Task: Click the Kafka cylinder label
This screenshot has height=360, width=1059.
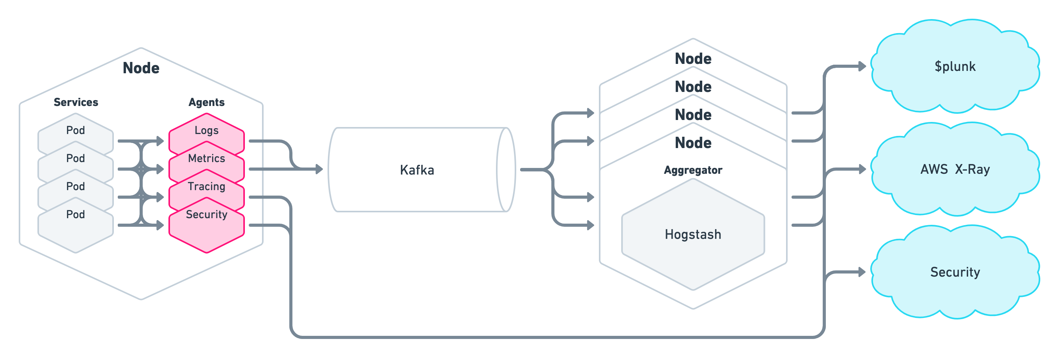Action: click(417, 170)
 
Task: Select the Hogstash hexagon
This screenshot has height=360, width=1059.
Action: click(693, 235)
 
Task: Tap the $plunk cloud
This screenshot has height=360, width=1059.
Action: click(955, 67)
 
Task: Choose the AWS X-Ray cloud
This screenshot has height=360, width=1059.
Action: click(955, 169)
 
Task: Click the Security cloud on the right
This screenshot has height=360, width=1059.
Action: click(955, 272)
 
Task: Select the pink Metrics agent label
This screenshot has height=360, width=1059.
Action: click(206, 158)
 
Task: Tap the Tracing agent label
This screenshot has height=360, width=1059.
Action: click(206, 186)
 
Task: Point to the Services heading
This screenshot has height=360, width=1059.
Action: click(76, 102)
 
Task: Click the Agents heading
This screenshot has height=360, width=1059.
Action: click(206, 102)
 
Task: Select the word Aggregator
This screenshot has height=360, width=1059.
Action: click(693, 170)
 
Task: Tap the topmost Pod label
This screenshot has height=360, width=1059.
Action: click(76, 130)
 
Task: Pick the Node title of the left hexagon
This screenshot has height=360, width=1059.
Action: click(141, 68)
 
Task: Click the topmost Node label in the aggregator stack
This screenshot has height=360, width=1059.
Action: click(693, 59)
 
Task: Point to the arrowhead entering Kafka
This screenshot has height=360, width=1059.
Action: click(319, 169)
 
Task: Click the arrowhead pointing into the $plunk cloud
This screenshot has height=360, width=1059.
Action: click(862, 66)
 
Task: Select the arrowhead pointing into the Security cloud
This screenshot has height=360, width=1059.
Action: click(862, 272)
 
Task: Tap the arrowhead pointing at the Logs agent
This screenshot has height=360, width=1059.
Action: click(160, 141)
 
